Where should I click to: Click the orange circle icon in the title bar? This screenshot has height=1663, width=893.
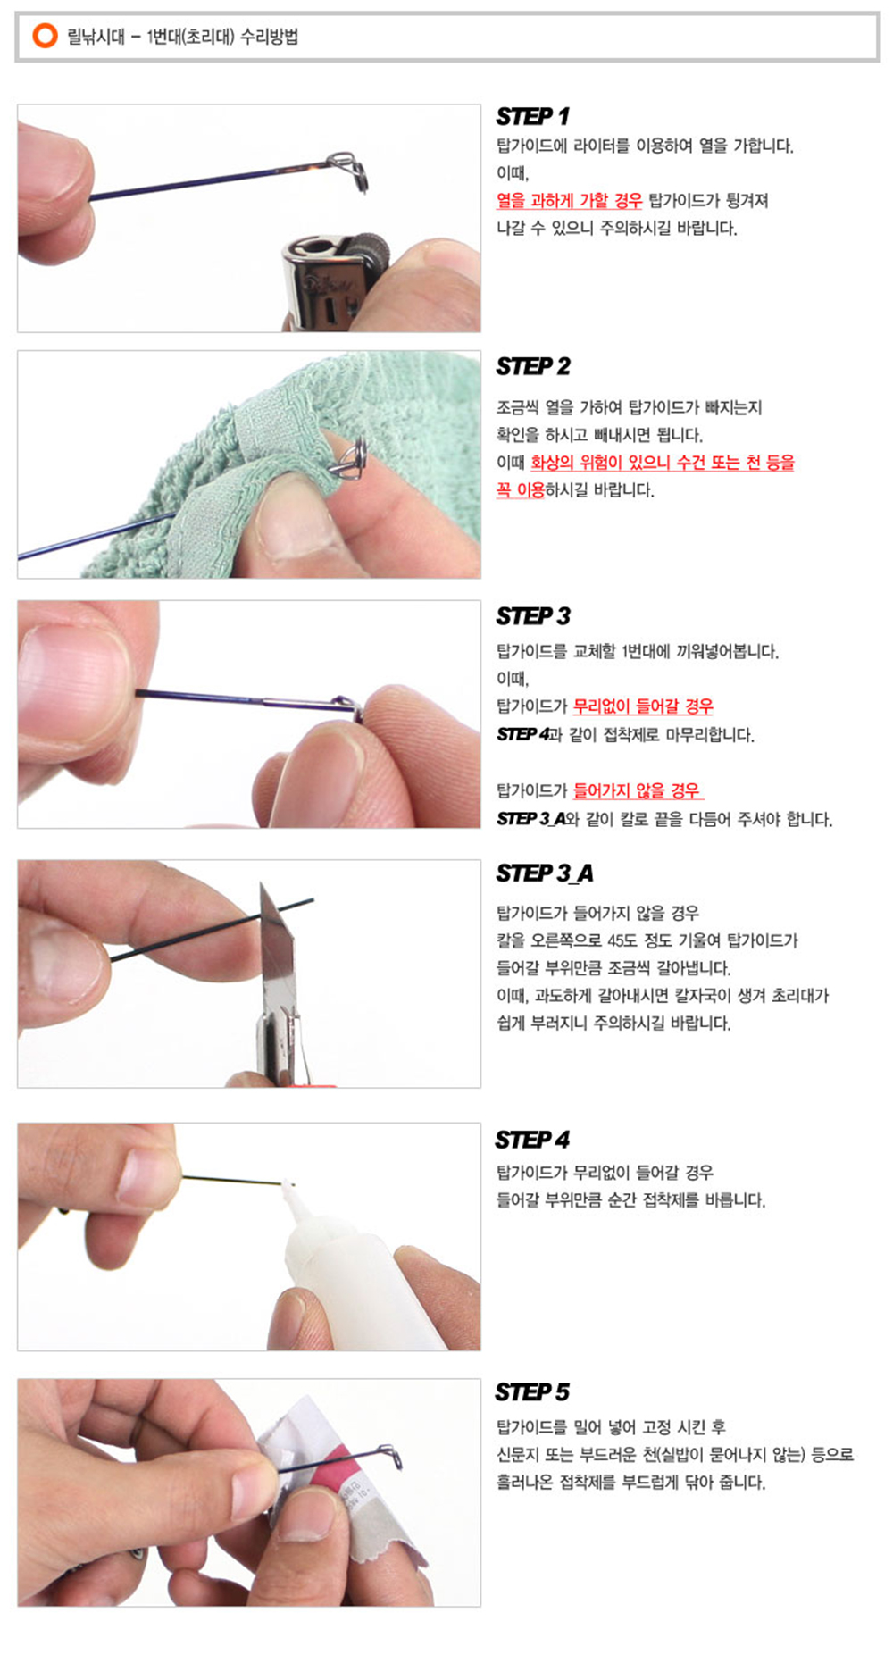(x=45, y=36)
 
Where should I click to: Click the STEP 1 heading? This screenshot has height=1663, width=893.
(x=532, y=117)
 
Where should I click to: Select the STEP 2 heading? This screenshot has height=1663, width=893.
(x=533, y=366)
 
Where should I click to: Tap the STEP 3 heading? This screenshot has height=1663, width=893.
(x=533, y=616)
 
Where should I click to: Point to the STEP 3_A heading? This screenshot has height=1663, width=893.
(x=545, y=873)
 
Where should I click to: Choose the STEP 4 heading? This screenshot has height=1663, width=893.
(x=532, y=1140)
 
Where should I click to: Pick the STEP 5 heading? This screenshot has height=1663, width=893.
(x=532, y=1391)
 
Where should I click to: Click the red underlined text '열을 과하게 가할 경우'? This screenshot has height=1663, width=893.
(x=570, y=201)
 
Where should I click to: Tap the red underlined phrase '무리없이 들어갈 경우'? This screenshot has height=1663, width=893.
(x=643, y=706)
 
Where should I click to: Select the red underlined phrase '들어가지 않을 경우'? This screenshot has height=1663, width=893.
(x=638, y=790)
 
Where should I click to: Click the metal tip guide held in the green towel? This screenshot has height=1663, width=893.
(x=349, y=459)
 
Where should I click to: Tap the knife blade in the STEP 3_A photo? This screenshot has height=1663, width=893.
(x=276, y=947)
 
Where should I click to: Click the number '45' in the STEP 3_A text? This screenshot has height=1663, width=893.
(x=616, y=940)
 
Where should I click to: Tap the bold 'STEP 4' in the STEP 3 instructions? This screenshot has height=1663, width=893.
(x=523, y=734)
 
